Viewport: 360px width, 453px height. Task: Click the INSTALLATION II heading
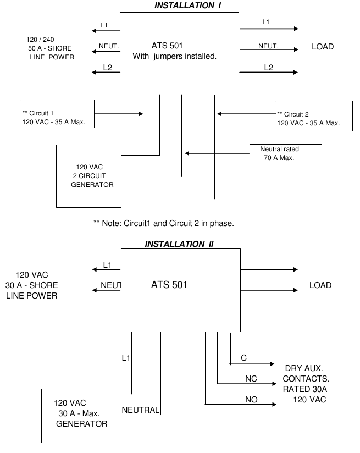179,244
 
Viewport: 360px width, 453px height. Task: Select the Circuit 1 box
57,114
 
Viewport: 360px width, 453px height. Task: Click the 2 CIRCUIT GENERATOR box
88,176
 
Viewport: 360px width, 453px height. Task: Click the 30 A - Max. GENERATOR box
81,416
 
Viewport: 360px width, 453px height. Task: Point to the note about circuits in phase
164,223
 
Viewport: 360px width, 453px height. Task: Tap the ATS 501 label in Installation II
169,285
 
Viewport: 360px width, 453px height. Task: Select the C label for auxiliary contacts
244,358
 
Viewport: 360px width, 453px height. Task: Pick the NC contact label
251,379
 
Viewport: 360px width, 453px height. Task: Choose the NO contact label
251,400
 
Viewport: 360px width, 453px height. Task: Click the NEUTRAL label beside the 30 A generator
140,410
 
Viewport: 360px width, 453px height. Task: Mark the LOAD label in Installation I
323,47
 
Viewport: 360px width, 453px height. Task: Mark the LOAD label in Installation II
320,285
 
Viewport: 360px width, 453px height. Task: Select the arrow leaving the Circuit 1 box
118,114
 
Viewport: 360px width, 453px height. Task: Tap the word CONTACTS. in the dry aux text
306,379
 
